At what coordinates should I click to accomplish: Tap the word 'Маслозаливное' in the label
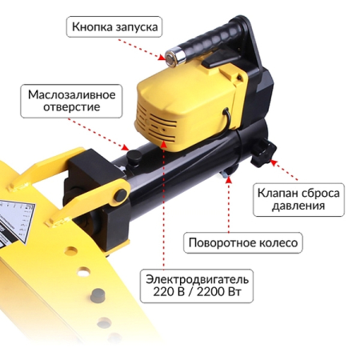coord(72,93)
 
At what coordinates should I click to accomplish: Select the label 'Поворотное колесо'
coord(242,242)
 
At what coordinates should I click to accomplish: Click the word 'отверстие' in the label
coord(72,107)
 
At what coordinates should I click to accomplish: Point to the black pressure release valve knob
coord(262,153)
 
